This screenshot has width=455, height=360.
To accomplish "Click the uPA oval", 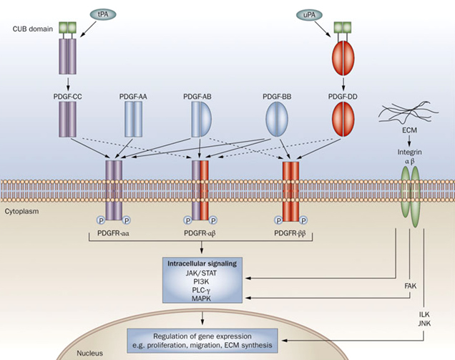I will (x=310, y=14).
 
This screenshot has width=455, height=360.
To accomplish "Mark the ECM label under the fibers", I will (x=410, y=140).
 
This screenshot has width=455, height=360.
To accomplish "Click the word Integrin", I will (x=410, y=153).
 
